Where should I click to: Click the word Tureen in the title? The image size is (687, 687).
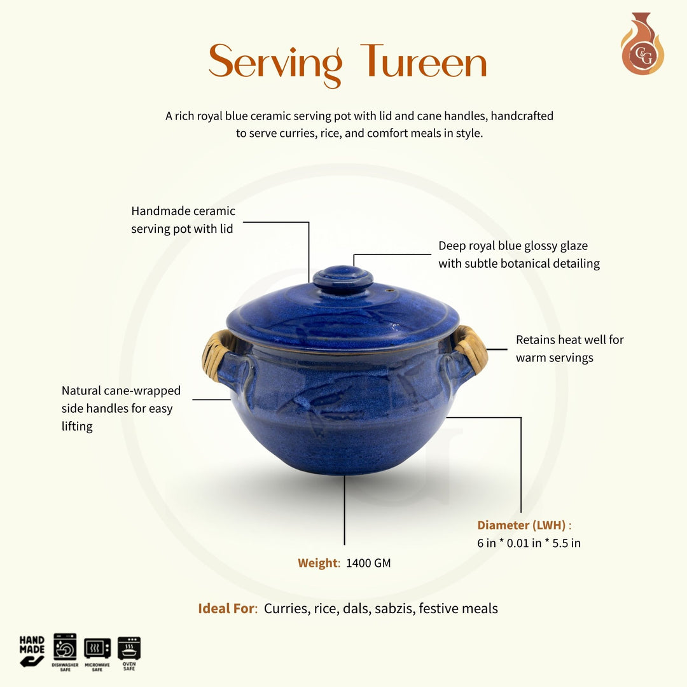[424, 63]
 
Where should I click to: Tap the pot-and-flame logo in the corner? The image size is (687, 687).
[642, 45]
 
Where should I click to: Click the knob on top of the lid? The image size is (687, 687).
[343, 279]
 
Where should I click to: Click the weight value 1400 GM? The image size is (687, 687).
[368, 563]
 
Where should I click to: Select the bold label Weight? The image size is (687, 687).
[317, 563]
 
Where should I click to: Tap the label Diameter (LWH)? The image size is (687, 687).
[522, 525]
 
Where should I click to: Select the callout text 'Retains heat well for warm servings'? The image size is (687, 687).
[569, 349]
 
